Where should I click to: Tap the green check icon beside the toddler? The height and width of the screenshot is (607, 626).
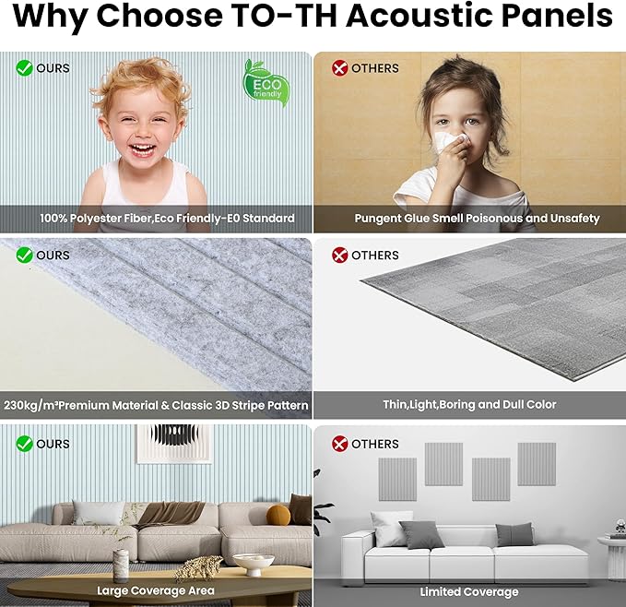24,67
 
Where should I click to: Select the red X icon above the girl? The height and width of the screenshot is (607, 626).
339,67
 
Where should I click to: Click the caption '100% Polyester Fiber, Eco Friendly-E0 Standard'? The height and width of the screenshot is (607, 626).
167,219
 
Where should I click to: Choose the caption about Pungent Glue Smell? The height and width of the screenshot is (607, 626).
477,219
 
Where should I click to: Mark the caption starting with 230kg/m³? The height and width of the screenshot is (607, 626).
157,405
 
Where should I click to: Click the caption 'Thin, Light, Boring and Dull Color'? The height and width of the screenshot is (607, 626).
469,405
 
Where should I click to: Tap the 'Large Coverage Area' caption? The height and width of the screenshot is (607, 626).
156,590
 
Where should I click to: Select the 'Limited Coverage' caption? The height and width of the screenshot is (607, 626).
468,591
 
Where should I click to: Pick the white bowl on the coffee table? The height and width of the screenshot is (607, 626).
252,562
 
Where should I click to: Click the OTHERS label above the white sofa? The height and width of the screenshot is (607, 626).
374,444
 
